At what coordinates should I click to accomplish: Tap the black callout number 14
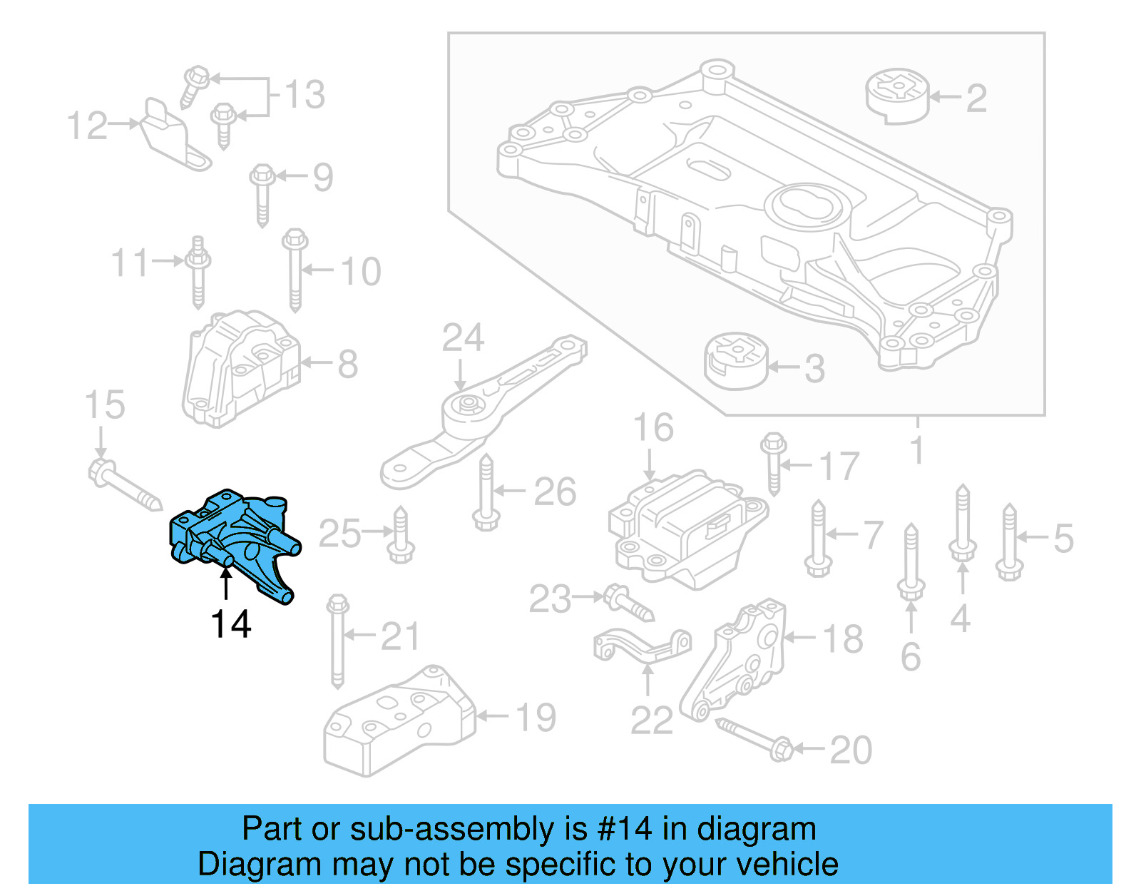pos(230,624)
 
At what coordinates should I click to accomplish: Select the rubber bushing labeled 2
pos(898,96)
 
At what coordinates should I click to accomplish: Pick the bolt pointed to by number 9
pos(262,194)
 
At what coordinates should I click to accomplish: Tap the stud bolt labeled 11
pos(198,273)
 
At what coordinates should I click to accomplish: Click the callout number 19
pos(536,717)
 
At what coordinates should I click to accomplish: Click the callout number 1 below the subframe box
pos(917,451)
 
